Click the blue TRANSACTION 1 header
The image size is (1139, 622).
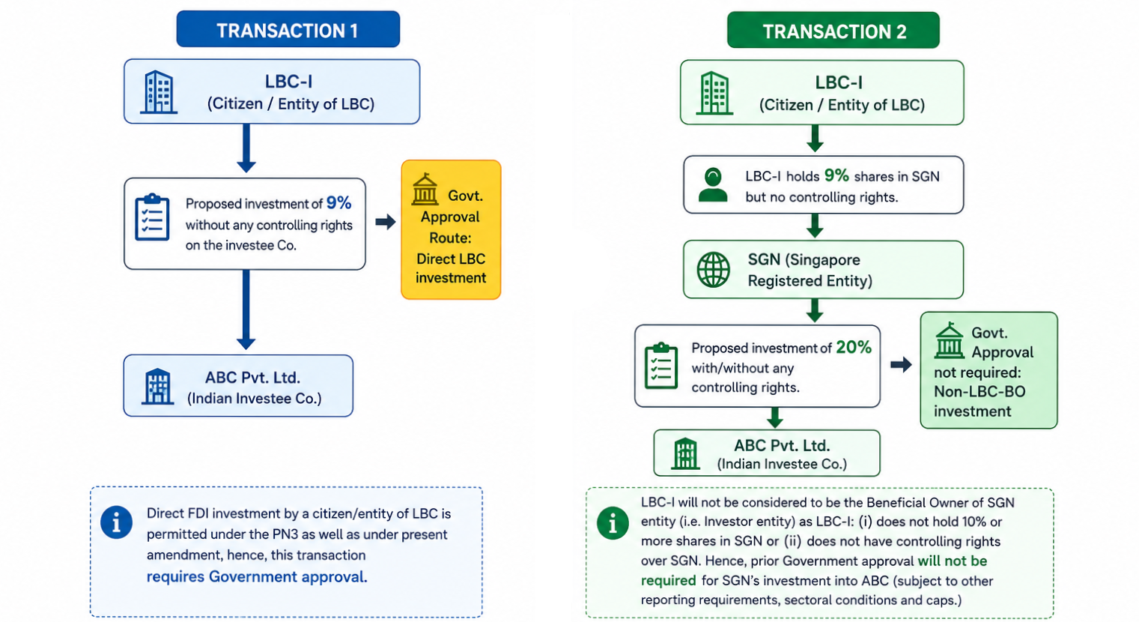click(288, 29)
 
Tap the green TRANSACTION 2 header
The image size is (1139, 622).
click(833, 30)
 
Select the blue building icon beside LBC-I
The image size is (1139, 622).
click(159, 91)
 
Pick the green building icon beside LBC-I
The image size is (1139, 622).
click(714, 93)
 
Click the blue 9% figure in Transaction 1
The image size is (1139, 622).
click(338, 203)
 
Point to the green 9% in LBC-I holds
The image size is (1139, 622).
click(836, 175)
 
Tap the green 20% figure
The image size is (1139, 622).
click(854, 347)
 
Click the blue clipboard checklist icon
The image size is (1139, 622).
click(152, 217)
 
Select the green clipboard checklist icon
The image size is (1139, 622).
click(661, 366)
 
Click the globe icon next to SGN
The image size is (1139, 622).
click(714, 270)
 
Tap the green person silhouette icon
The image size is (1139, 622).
click(713, 185)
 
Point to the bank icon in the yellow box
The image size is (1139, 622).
click(425, 189)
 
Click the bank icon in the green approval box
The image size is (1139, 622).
click(949, 340)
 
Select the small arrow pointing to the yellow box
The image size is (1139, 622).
click(386, 221)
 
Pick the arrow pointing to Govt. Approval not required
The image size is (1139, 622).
click(901, 364)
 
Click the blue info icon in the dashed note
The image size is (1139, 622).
click(116, 522)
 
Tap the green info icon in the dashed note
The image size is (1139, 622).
click(613, 523)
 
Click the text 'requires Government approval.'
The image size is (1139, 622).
click(257, 577)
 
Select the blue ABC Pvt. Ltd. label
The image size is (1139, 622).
click(252, 378)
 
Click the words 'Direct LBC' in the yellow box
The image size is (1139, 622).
click(451, 259)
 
